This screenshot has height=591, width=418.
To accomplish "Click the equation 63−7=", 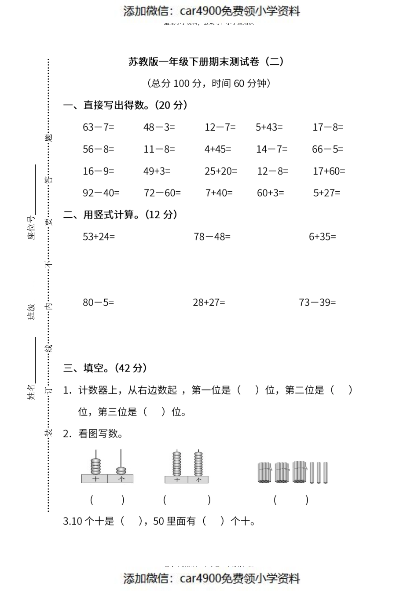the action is pos(98,127).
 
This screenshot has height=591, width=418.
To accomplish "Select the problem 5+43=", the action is pos(269,127).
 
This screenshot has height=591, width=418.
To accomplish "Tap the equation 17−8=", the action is pos(328,127).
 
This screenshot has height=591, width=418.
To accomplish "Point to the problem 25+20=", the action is pos(220,171).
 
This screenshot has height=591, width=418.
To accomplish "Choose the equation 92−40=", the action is pos(101,193).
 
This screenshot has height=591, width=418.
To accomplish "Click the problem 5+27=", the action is pos(326,193).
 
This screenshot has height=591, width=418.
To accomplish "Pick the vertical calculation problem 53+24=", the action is pos(99,237).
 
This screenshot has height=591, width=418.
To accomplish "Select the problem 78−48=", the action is pos(212,237).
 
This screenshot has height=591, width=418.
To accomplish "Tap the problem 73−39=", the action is pos(317,302).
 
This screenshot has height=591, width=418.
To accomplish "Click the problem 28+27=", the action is pos(209,302).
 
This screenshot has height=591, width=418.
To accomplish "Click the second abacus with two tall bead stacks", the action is pos(187,467).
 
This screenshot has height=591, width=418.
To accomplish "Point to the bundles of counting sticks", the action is pos(292,472).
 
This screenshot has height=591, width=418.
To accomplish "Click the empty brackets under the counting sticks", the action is pos(291,500).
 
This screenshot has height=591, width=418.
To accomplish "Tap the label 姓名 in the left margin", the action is pos(31,391).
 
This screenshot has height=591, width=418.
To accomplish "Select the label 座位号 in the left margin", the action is pos(31,228).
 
